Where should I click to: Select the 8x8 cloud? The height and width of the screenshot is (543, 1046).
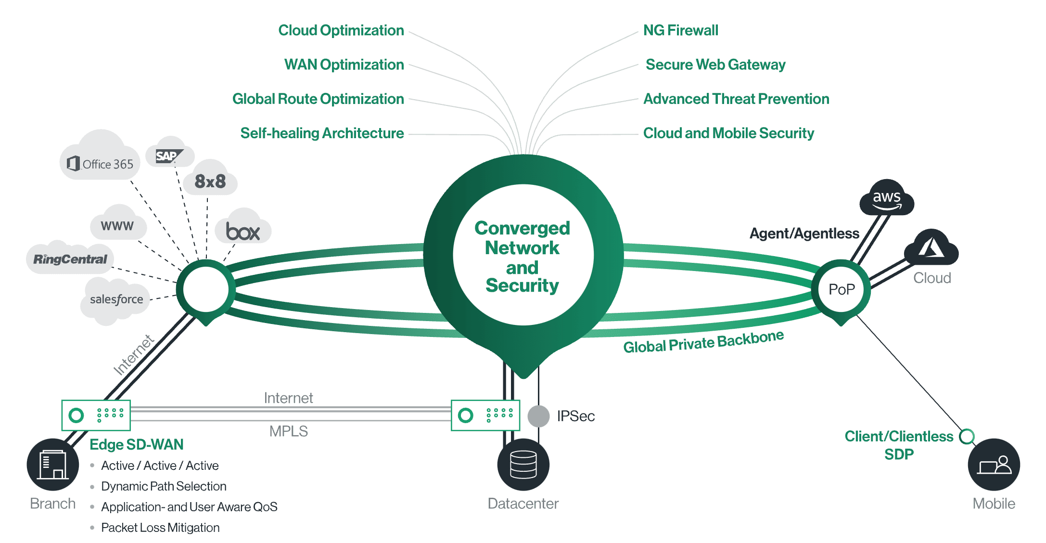click(x=210, y=181)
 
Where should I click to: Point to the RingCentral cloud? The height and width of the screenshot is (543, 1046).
click(x=70, y=259)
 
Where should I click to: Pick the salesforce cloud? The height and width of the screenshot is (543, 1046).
click(x=116, y=299)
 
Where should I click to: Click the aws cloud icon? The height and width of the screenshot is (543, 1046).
click(x=886, y=198)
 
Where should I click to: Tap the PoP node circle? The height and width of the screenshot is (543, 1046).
click(x=841, y=289)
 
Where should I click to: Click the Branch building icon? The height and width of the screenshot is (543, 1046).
click(x=53, y=465)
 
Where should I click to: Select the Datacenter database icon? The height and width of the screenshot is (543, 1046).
click(x=523, y=465)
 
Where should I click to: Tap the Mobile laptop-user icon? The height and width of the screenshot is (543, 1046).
click(x=994, y=465)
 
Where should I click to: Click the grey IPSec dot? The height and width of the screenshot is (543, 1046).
click(x=538, y=416)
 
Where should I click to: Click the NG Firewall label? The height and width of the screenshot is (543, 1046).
click(x=680, y=30)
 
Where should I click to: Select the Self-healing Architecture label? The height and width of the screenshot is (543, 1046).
click(x=322, y=133)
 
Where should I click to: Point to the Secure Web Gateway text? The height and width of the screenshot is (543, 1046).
click(x=715, y=65)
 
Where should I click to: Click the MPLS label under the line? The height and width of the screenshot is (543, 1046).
click(x=288, y=431)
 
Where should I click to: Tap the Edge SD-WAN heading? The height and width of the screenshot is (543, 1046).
click(x=137, y=444)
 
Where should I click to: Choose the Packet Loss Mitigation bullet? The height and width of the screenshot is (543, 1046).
click(x=160, y=528)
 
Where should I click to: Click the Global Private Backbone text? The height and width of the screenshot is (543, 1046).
click(x=703, y=342)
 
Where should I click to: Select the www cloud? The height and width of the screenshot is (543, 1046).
click(x=117, y=226)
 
